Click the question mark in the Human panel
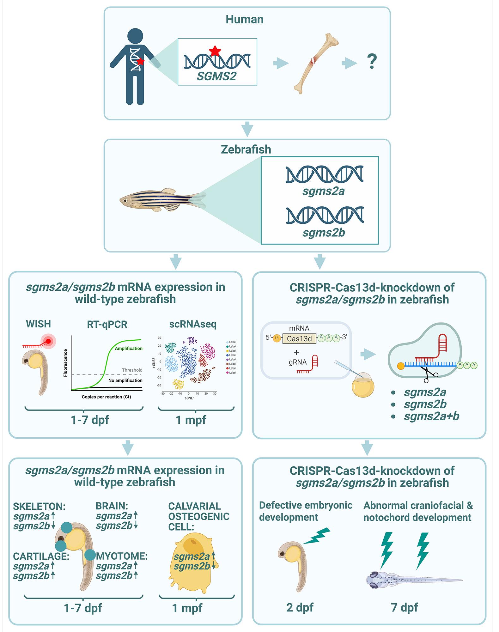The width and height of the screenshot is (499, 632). click(x=372, y=62)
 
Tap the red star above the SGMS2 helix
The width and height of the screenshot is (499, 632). click(x=215, y=51)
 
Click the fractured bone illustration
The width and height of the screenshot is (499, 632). click(x=316, y=63)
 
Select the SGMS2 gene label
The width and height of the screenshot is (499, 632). click(x=216, y=76)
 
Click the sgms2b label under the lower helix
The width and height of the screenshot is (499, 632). click(x=323, y=233)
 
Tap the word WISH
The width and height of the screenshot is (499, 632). click(x=38, y=324)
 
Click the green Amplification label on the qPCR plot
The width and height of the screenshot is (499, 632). click(x=128, y=348)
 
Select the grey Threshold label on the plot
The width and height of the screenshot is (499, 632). click(x=132, y=370)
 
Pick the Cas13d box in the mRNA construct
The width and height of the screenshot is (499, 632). click(x=299, y=339)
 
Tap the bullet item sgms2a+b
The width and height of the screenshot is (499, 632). click(x=431, y=416)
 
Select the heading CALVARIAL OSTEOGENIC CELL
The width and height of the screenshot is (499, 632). click(x=198, y=516)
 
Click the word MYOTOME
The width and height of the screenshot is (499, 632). click(x=122, y=556)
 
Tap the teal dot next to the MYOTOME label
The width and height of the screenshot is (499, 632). click(x=90, y=555)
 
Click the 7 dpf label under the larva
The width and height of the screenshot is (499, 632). click(x=404, y=607)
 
